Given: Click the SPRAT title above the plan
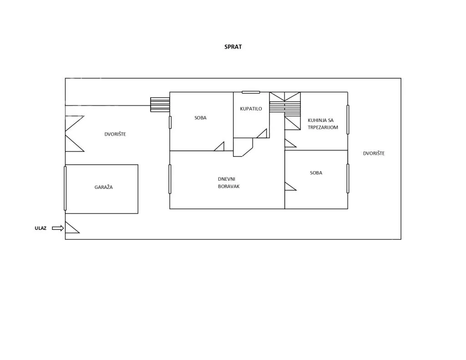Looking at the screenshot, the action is click(x=233, y=47).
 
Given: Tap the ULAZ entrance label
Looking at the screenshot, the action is click(x=41, y=228).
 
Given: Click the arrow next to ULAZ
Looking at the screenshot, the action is click(x=58, y=228).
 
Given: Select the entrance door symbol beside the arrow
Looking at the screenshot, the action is click(x=72, y=228).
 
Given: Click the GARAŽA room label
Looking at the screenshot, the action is click(x=103, y=187).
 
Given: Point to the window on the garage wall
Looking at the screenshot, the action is click(x=65, y=188).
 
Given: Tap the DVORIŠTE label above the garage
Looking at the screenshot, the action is click(x=115, y=134).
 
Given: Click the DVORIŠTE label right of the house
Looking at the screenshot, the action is click(x=374, y=153).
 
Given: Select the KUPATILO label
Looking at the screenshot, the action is click(x=251, y=109).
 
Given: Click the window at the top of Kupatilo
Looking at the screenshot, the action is click(x=251, y=92).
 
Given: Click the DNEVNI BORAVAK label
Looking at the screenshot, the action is click(x=228, y=183).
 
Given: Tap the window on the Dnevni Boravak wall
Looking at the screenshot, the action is click(x=170, y=179).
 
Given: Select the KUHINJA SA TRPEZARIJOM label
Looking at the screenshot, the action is click(x=323, y=124).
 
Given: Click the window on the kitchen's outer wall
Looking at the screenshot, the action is click(x=348, y=120).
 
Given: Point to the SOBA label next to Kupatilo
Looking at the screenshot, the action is click(x=200, y=118).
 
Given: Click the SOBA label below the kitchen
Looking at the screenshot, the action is click(x=316, y=172).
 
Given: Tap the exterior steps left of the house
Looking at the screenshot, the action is click(x=160, y=105).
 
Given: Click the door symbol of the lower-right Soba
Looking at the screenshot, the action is click(x=290, y=186).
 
